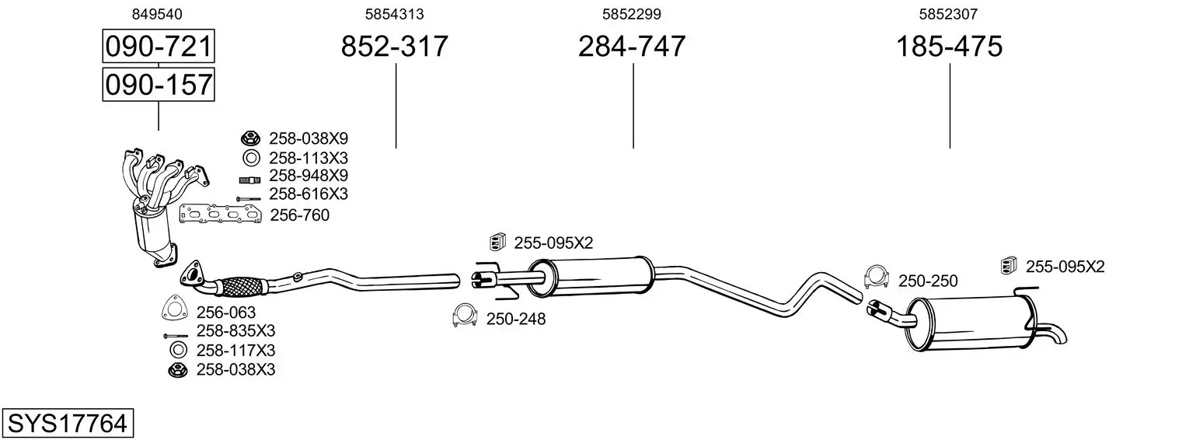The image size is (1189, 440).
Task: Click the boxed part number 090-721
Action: [x=159, y=46]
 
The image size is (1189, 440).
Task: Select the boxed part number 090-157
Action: [x=159, y=85]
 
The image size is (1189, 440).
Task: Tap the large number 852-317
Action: [x=394, y=46]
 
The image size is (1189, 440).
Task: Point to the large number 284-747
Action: [x=632, y=46]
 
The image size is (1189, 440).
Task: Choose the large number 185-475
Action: [x=949, y=46]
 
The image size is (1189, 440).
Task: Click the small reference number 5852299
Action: [x=632, y=14]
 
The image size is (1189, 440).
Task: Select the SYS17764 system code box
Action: [x=68, y=423]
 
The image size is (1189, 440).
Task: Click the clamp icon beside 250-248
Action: [x=465, y=316]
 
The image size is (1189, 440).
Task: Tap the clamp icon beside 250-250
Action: [x=877, y=277]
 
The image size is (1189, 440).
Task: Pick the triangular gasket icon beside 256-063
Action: [x=175, y=307]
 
